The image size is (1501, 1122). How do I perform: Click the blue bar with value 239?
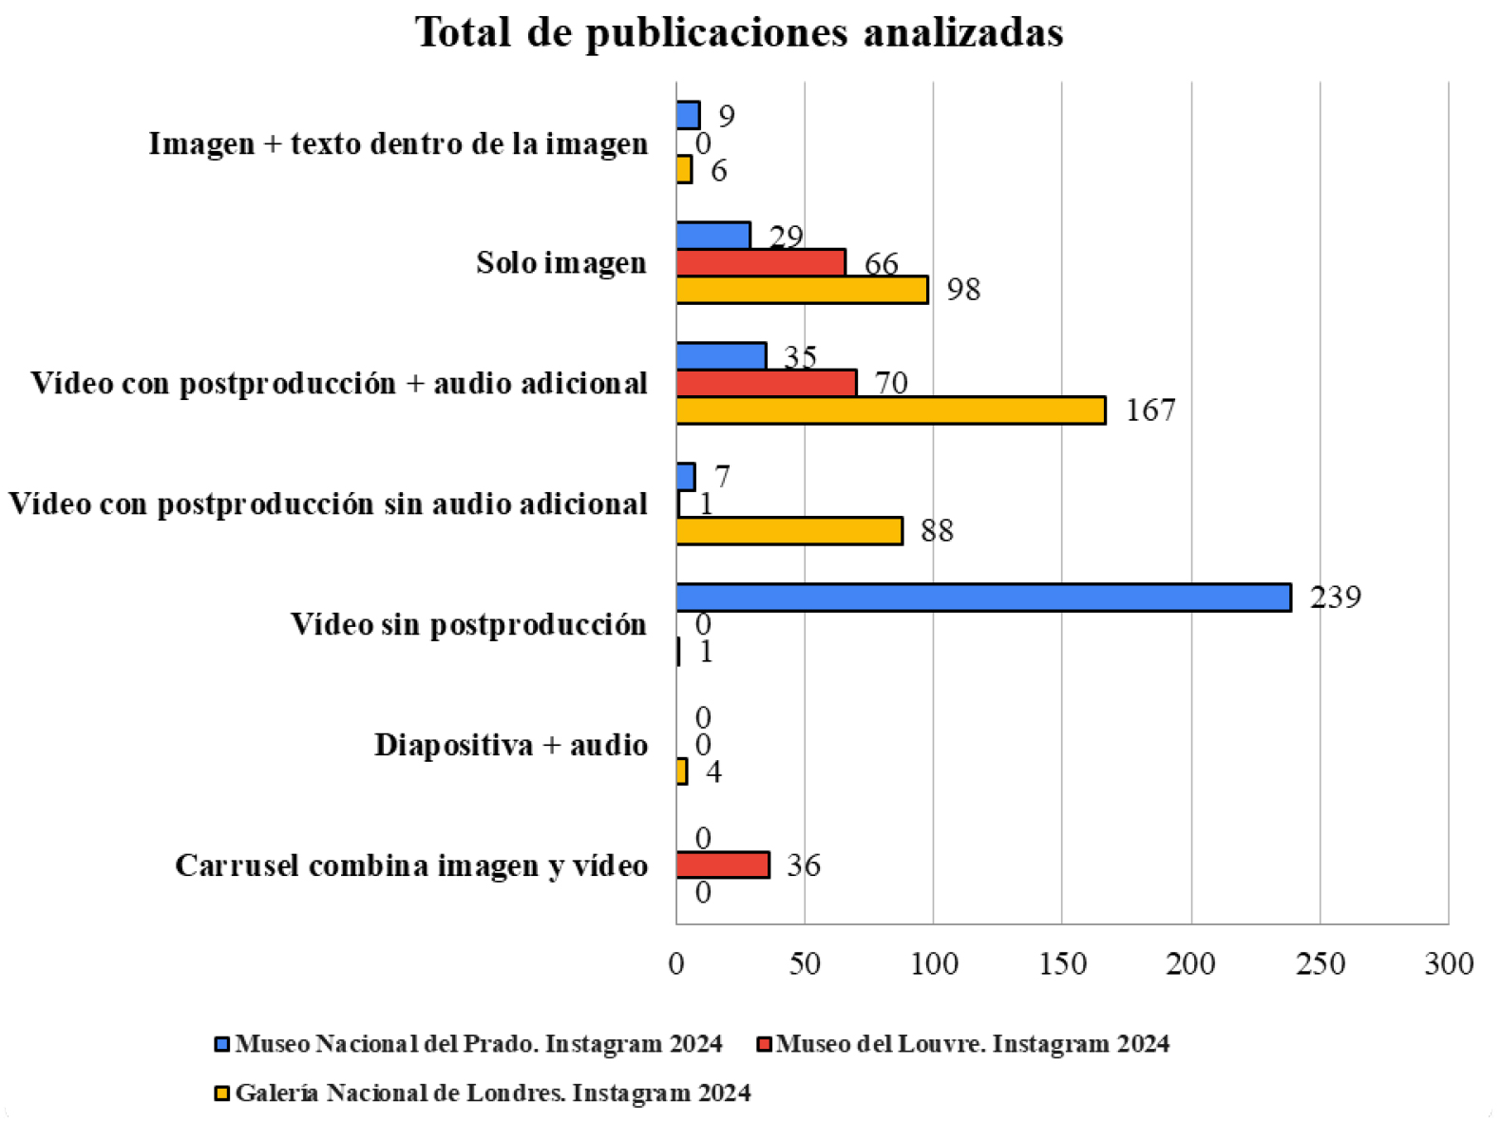(x=983, y=598)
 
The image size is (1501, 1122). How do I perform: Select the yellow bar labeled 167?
(x=891, y=410)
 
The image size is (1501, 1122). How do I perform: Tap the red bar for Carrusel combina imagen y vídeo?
(x=723, y=865)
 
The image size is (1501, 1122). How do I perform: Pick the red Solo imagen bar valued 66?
(x=761, y=263)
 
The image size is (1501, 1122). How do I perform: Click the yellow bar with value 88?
(x=789, y=531)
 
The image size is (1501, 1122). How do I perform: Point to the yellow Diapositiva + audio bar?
(x=682, y=771)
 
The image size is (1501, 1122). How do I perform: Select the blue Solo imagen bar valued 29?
(x=713, y=236)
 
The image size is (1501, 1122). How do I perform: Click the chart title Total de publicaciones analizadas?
(x=739, y=32)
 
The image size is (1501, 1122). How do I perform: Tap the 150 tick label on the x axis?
(x=1062, y=963)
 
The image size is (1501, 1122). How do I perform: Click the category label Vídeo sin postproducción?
(x=469, y=624)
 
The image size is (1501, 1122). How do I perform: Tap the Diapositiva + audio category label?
(x=511, y=745)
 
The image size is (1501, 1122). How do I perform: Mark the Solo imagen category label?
(x=561, y=263)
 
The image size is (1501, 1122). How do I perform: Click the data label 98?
(x=963, y=290)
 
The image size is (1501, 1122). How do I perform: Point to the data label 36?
(x=804, y=865)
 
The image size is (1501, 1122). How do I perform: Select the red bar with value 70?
(x=767, y=383)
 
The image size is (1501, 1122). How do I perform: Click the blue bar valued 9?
(x=688, y=116)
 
